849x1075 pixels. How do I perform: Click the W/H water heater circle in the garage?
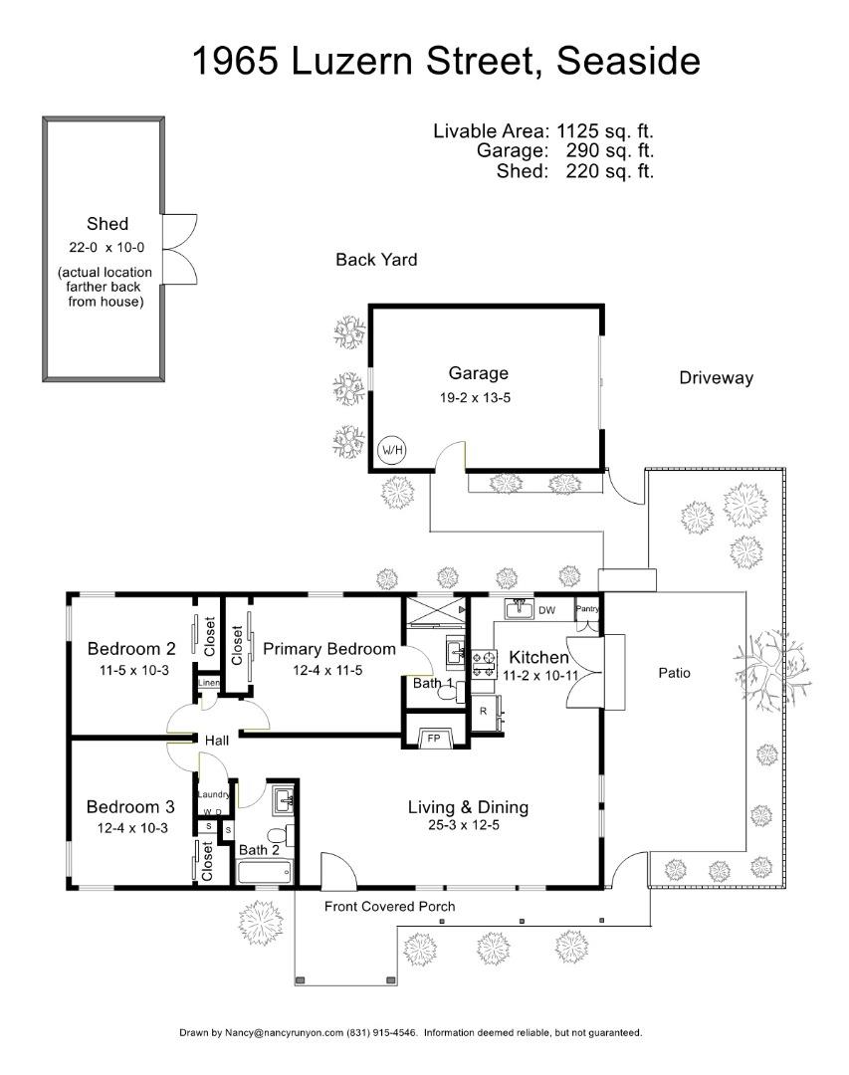click(x=392, y=450)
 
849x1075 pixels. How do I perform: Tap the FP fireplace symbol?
click(x=433, y=739)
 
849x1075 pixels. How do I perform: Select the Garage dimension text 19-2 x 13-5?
click(x=478, y=397)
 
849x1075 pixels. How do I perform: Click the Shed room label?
click(x=107, y=224)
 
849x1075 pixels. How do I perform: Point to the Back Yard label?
click(x=376, y=260)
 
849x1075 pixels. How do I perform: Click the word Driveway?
click(x=716, y=378)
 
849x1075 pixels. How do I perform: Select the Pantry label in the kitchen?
click(x=588, y=609)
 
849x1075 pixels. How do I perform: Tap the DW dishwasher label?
click(x=547, y=609)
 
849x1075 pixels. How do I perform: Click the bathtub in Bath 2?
click(x=265, y=872)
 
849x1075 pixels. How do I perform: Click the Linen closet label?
click(x=209, y=684)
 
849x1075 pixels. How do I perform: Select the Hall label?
click(x=218, y=742)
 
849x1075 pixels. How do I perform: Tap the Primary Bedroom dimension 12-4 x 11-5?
click(x=327, y=670)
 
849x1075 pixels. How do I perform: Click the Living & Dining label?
click(x=468, y=807)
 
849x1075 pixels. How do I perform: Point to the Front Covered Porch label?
click(x=389, y=907)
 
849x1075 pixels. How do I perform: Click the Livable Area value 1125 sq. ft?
click(x=603, y=131)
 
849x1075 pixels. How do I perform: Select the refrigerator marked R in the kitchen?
click(x=484, y=712)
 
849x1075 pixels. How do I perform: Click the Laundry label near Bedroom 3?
click(x=214, y=794)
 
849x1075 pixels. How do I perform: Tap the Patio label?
click(x=674, y=674)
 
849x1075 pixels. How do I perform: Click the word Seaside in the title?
click(x=628, y=61)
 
